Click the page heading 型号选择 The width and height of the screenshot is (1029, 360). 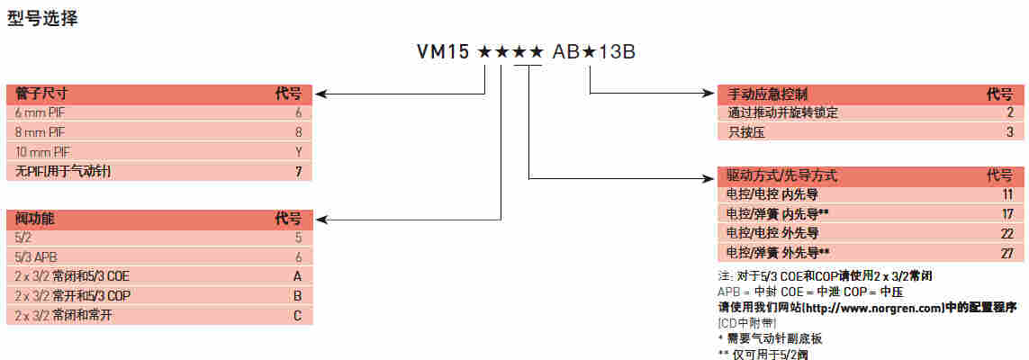coord(43,18)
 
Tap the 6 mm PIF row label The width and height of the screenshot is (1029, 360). coord(40,112)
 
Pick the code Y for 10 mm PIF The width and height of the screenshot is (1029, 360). coord(297,150)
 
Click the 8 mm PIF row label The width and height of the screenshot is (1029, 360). coord(40,131)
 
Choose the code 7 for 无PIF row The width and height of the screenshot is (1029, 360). coord(297,169)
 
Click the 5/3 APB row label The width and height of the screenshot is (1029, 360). coord(37,256)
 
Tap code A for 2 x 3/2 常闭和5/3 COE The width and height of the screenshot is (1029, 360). coord(297,275)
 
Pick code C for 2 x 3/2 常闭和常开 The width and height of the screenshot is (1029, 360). coord(297,315)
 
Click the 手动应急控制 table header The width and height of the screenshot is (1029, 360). coord(768,94)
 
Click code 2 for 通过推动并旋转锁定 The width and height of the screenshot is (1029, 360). coord(1011,112)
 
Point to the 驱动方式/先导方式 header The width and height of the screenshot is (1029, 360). coord(781,175)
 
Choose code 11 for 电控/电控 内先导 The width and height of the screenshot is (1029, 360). coord(1007,193)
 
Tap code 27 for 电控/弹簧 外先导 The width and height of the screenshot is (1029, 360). coord(1007,253)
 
